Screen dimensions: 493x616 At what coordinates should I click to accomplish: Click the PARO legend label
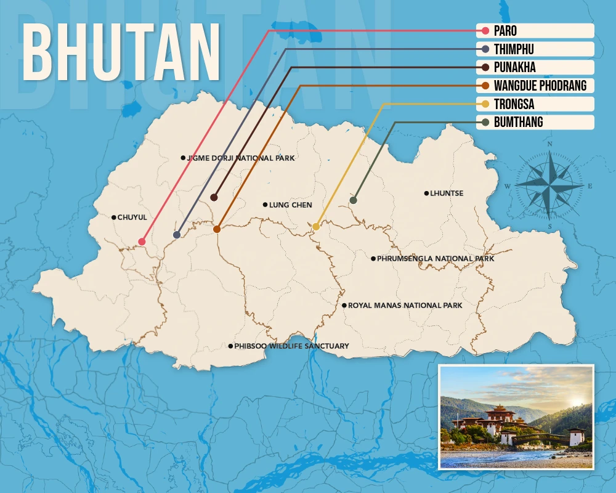(505, 31)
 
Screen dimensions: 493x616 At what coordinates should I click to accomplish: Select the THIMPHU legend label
(514, 49)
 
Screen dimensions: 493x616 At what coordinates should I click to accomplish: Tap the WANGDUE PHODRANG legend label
(540, 86)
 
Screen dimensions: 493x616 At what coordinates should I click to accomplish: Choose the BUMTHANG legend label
(518, 122)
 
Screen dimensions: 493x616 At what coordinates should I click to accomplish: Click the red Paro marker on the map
(142, 242)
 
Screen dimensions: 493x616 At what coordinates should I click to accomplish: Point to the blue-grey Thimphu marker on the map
(177, 235)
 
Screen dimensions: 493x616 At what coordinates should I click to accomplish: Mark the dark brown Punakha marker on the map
(214, 197)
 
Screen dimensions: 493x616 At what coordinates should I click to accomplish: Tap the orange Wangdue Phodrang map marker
(217, 229)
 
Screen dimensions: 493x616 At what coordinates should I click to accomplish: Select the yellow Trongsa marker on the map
(316, 227)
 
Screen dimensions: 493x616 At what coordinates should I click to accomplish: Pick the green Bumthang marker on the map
(353, 200)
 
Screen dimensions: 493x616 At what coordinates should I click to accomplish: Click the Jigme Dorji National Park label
(240, 158)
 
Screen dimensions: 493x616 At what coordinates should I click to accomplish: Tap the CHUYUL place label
(132, 218)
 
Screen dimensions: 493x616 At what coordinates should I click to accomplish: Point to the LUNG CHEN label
(291, 205)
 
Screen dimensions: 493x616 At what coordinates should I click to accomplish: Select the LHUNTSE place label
(447, 194)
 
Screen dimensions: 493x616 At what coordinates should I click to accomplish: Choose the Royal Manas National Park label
(405, 306)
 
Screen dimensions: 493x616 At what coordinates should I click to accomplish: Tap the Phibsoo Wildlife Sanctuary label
(291, 346)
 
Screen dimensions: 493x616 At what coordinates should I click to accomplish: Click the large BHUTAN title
(122, 54)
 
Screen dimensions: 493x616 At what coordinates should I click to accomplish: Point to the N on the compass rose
(549, 144)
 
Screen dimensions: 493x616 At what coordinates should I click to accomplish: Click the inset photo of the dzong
(516, 417)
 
